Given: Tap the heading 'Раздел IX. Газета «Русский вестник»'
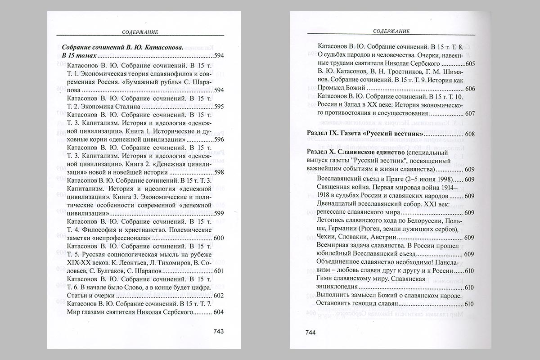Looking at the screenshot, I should pos(364,134).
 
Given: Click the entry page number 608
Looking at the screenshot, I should pos(469,134).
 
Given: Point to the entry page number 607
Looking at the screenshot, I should pos(469,114).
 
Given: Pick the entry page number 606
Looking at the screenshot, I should pos(469,89).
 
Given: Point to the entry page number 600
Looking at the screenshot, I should pos(218,238).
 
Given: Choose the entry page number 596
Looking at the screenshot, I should pos(218,139).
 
